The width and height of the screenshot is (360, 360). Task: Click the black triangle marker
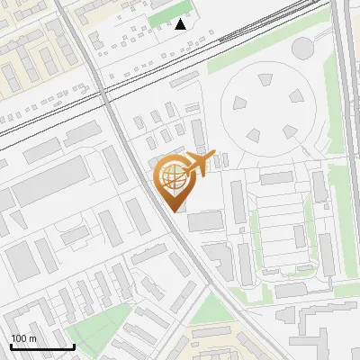tap(181, 24)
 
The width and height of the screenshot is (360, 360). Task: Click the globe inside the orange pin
tap(171, 175)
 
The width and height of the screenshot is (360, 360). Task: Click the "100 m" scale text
tap(24, 338)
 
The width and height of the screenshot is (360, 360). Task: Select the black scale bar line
tap(42, 347)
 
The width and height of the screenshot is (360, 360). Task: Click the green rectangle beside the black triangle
tap(163, 17)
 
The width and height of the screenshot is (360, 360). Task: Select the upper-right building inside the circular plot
tap(296, 94)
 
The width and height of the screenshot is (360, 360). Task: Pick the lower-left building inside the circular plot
tap(254, 135)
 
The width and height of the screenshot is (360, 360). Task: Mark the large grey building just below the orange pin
tap(204, 221)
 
